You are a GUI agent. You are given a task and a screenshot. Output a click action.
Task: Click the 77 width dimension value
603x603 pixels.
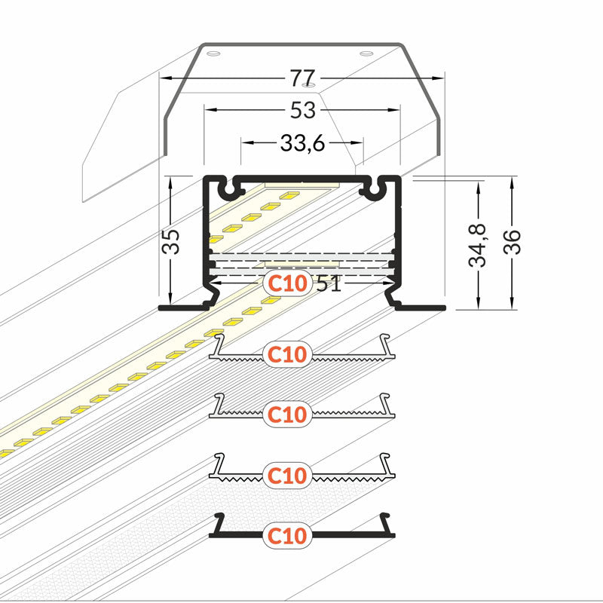tap(302, 78)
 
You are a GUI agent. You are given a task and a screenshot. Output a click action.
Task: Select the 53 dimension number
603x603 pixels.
tap(302, 110)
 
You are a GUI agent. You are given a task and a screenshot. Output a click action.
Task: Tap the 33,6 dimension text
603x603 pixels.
tap(302, 142)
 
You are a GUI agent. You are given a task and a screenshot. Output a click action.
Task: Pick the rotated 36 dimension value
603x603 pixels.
tap(513, 242)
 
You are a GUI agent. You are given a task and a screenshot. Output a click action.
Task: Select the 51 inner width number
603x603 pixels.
tap(329, 284)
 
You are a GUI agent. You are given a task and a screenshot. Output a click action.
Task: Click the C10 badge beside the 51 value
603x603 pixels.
tap(287, 284)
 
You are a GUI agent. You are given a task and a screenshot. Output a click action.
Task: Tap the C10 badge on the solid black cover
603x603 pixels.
tap(287, 536)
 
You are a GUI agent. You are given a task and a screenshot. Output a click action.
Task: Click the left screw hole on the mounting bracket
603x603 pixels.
tap(213, 54)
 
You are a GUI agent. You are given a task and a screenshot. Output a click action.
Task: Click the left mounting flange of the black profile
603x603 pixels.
tap(181, 306)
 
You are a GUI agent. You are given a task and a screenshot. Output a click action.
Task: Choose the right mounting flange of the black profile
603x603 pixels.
tap(422, 306)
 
